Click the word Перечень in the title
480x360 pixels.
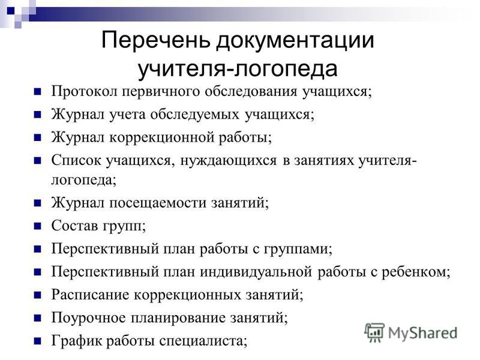pyautogui.click(x=156, y=40)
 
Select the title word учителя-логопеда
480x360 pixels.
pyautogui.click(x=238, y=69)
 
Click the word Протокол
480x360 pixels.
pyautogui.click(x=84, y=91)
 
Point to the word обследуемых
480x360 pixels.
pyautogui.click(x=194, y=115)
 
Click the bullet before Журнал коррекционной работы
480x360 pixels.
pyautogui.click(x=37, y=137)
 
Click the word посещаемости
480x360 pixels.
pyautogui.click(x=158, y=203)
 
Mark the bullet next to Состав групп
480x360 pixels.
pyautogui.click(x=37, y=226)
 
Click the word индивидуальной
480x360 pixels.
pyautogui.click(x=256, y=272)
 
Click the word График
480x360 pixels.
pyautogui.click(x=77, y=341)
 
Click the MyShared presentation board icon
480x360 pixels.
pyautogui.click(x=374, y=332)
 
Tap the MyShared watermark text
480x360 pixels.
pyautogui.click(x=423, y=333)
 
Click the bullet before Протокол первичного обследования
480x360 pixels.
pyautogui.click(x=37, y=92)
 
